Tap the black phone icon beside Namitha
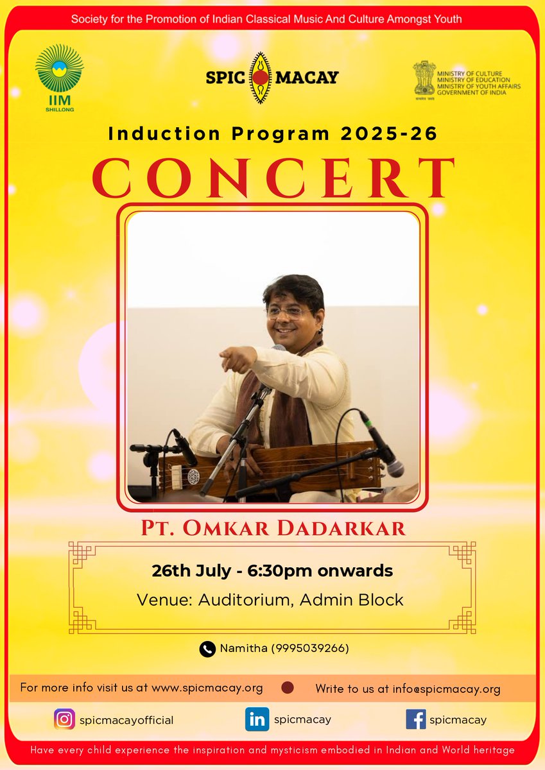click(207, 649)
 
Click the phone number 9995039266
click(310, 649)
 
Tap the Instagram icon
click(64, 720)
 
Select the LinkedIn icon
click(257, 720)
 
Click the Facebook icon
click(416, 720)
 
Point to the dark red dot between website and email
click(288, 688)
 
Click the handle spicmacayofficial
click(126, 721)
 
